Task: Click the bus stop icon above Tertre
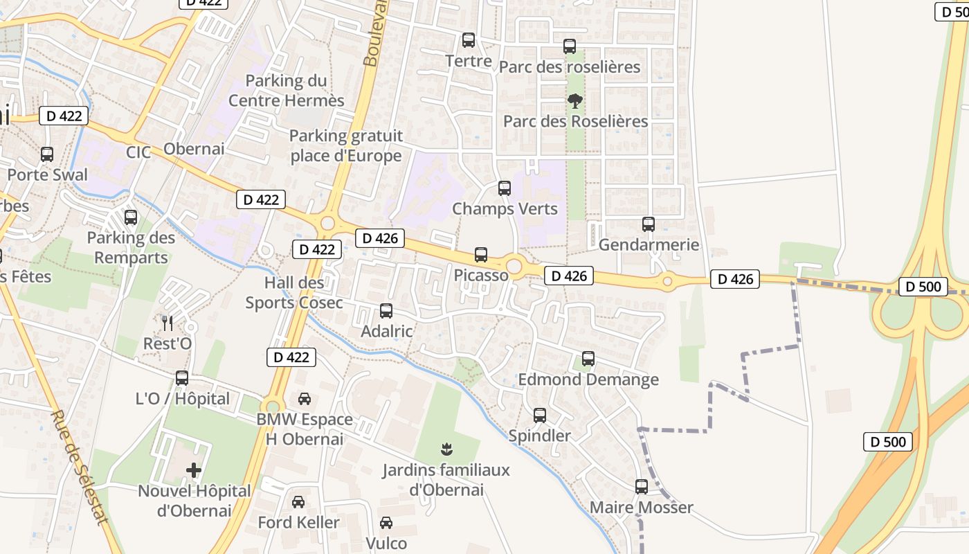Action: tap(469, 40)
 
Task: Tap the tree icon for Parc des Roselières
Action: tap(574, 101)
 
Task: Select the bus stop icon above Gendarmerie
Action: tap(649, 224)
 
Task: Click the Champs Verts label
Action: tap(505, 208)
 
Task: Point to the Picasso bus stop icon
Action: tap(481, 255)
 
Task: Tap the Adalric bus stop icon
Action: tap(386, 311)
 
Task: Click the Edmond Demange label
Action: tap(588, 379)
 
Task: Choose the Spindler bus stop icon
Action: tap(540, 415)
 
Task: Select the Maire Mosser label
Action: tap(641, 508)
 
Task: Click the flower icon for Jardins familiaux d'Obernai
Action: tap(446, 449)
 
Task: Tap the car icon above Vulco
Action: tap(386, 523)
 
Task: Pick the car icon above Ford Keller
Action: tap(298, 501)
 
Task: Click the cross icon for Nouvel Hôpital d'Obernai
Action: tap(194, 471)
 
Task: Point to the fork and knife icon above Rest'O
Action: tap(167, 323)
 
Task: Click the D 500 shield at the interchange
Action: tap(923, 286)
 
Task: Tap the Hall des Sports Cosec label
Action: tap(294, 292)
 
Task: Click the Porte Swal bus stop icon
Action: tap(47, 154)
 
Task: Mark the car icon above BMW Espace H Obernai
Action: tap(304, 399)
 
